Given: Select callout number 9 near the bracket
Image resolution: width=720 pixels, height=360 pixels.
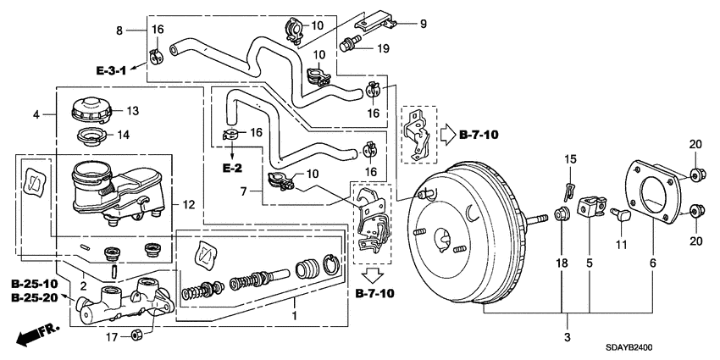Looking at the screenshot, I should tap(424, 24).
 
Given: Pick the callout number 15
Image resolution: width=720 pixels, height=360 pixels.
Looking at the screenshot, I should tap(569, 159).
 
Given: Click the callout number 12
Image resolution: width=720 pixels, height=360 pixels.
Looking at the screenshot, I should tap(188, 203).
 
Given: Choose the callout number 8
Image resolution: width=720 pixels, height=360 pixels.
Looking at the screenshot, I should tap(119, 30).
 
